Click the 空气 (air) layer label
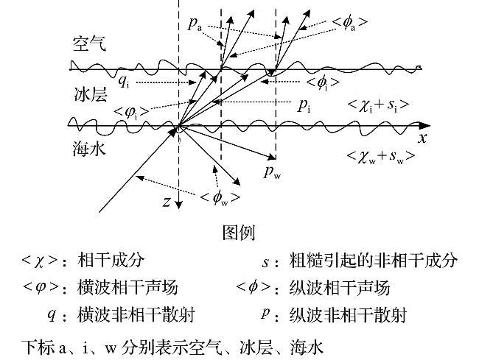tap(89, 44)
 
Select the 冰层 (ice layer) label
tap(91, 94)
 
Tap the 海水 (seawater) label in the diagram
tap(89, 149)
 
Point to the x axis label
tap(422, 138)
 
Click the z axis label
tap(167, 202)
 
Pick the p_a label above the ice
tap(195, 24)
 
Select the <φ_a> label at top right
tap(350, 23)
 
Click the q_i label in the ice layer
tap(124, 82)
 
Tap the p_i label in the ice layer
tap(304, 105)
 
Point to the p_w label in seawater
tap(272, 172)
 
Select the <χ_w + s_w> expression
tap(381, 157)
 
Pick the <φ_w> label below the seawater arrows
tap(220, 198)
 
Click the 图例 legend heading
tap(239, 233)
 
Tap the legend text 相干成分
tap(111, 260)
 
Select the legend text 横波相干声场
tap(127, 287)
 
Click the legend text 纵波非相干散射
tap(348, 314)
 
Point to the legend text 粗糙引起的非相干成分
tap(374, 260)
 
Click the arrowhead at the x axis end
tap(425, 125)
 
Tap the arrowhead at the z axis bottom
tap(179, 205)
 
